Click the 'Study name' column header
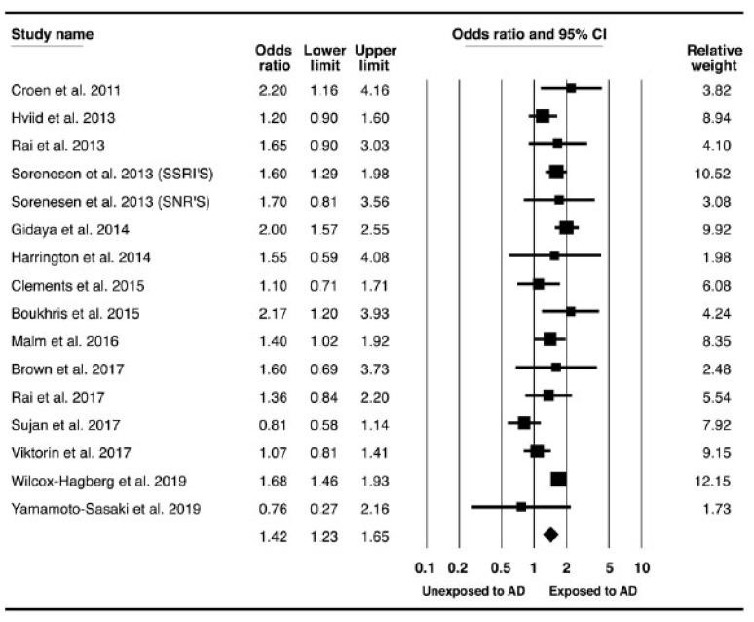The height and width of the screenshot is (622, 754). click(52, 35)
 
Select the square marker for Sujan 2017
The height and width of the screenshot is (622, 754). click(524, 423)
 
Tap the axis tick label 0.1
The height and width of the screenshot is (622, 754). click(424, 568)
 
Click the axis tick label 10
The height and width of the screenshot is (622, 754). click(642, 568)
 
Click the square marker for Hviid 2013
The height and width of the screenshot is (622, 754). click(543, 116)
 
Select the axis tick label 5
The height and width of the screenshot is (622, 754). click(609, 568)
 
